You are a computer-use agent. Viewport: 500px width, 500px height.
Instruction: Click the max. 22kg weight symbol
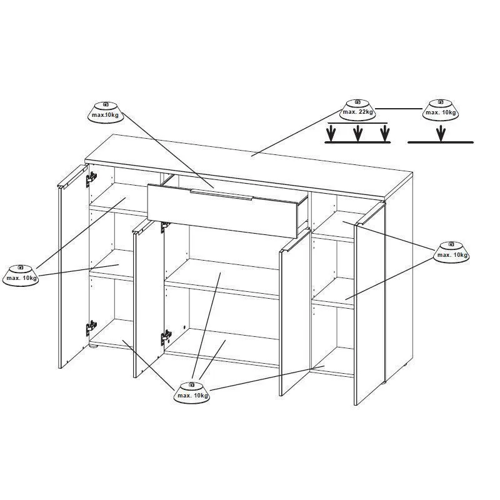click(357, 110)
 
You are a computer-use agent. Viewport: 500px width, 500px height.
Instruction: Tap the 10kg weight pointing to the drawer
click(106, 112)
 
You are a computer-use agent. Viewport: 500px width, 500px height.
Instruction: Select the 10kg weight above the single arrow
click(441, 110)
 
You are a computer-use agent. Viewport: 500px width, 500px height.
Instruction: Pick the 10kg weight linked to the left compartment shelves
click(21, 276)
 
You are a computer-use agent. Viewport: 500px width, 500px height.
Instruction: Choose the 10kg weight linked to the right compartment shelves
click(451, 252)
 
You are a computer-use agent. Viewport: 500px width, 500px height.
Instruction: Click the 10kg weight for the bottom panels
click(192, 392)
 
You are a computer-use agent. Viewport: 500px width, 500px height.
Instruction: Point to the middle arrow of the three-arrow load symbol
click(357, 133)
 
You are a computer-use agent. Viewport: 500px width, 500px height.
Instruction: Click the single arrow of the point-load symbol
click(441, 133)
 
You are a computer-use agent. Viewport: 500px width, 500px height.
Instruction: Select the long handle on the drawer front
click(221, 195)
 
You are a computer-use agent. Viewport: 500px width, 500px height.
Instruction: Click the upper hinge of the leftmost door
click(91, 180)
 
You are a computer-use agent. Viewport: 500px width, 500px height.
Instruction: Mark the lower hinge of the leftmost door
click(91, 328)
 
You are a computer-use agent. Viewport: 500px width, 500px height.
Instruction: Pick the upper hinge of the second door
click(164, 227)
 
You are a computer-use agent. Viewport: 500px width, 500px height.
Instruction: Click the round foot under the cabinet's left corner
click(92, 346)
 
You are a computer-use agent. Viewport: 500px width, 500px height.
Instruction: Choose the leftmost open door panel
click(73, 266)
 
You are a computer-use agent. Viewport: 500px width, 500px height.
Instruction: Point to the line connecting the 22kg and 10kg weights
click(399, 109)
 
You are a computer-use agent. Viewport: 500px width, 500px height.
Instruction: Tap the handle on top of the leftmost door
click(72, 176)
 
